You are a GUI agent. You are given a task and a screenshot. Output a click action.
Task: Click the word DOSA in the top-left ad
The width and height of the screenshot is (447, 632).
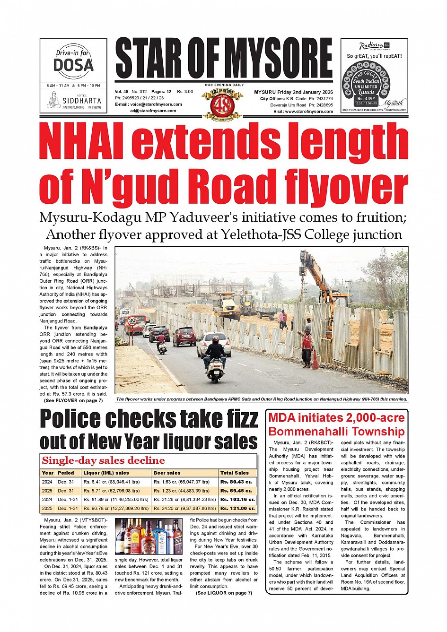(x=73, y=64)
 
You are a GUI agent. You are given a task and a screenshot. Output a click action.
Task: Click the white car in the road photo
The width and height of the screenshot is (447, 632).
(x=214, y=343)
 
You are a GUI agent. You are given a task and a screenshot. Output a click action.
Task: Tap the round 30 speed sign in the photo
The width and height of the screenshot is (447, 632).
(x=132, y=320)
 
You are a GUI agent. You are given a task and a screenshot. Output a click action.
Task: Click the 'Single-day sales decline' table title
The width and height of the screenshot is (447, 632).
(x=103, y=461)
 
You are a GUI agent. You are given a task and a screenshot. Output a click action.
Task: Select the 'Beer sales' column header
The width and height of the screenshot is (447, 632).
(x=167, y=473)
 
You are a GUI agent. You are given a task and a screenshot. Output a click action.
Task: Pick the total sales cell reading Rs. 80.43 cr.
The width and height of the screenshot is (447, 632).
(x=236, y=482)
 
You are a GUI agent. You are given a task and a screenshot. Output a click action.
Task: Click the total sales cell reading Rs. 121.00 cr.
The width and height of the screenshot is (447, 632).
(x=237, y=509)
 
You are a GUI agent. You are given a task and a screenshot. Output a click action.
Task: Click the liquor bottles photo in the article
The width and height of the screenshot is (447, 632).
(x=149, y=537)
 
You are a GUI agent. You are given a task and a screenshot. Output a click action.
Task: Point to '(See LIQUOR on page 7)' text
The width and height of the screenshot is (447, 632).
(x=224, y=593)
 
